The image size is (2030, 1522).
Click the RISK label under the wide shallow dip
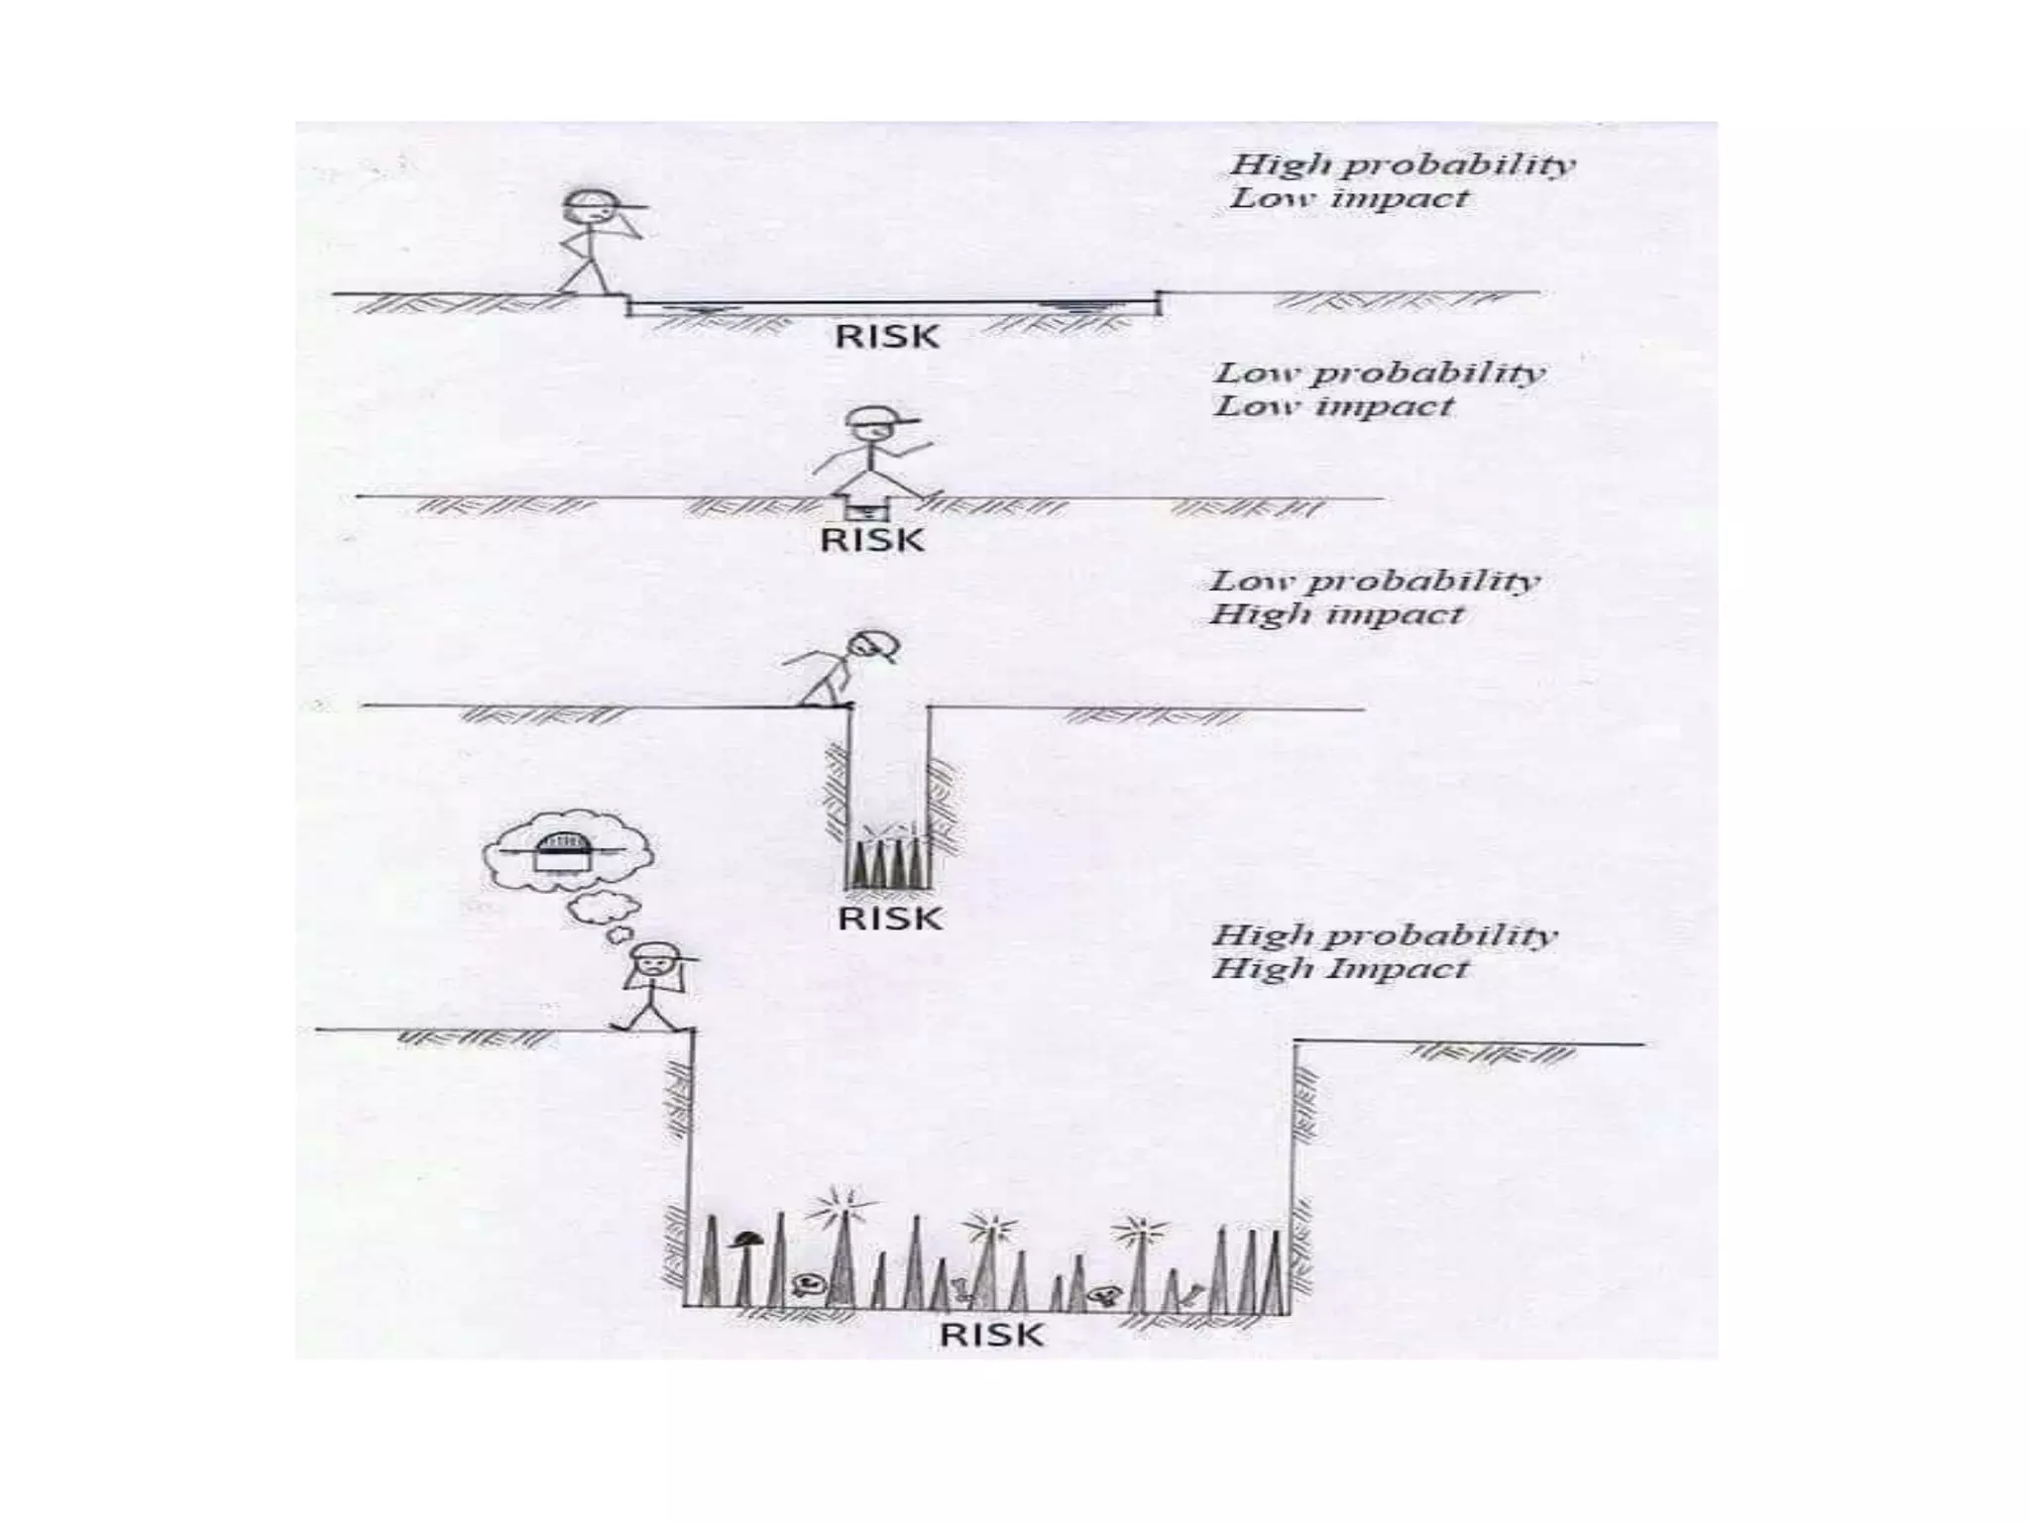pyautogui.click(x=886, y=337)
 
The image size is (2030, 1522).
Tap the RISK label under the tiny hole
pyautogui.click(x=871, y=541)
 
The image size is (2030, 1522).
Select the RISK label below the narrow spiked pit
pyautogui.click(x=889, y=919)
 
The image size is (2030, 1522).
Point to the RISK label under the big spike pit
pyautogui.click(x=991, y=1335)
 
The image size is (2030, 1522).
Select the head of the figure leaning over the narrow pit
pyautogui.click(x=873, y=646)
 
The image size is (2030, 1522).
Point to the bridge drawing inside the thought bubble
pyautogui.click(x=562, y=851)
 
